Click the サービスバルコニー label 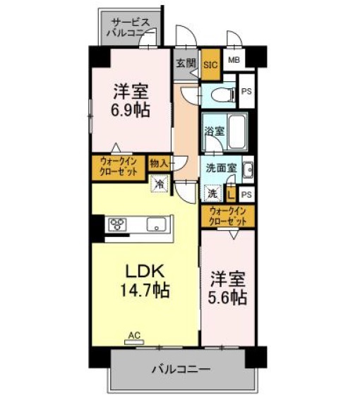click(132, 27)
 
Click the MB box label click(234, 60)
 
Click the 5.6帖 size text click(227, 298)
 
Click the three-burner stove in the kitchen click(118, 226)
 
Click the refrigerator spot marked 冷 click(160, 181)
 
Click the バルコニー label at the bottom click(180, 369)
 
